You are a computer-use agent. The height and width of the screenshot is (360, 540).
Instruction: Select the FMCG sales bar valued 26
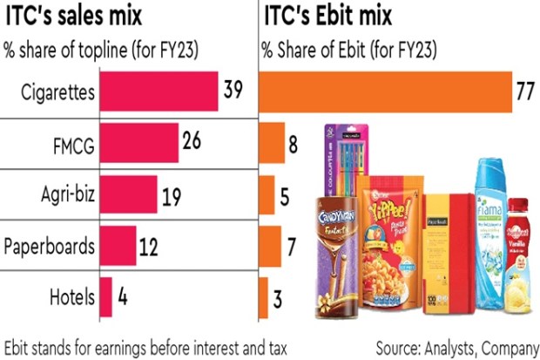[x=139, y=143]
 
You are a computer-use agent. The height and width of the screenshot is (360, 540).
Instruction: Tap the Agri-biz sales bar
[x=129, y=194]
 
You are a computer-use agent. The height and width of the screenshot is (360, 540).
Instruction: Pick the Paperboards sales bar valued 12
[x=118, y=245]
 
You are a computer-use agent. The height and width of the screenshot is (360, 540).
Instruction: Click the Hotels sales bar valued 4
[x=106, y=296]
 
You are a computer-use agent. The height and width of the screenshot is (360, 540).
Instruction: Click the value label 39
[x=233, y=92]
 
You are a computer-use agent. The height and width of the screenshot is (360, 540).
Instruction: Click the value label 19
[x=172, y=198]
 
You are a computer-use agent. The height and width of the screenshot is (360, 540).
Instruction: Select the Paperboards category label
[x=51, y=246]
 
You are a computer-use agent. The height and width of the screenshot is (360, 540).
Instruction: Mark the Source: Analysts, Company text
[x=455, y=346]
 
